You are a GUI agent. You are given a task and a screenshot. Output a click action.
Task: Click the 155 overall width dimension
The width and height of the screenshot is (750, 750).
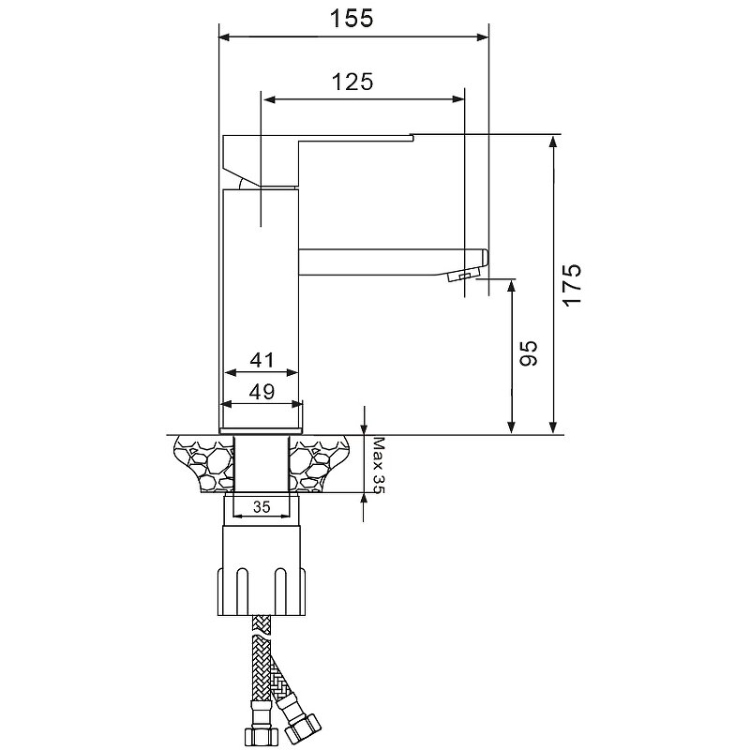click(352, 19)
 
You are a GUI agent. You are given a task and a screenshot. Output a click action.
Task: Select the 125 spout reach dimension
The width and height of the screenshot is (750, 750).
click(352, 82)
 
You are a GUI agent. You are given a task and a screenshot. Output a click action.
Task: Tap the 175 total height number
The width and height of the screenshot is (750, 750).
click(572, 285)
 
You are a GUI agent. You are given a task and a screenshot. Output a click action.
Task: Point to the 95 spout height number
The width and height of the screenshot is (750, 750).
click(529, 353)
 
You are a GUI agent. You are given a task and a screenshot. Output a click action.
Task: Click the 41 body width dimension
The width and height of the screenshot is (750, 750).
click(262, 360)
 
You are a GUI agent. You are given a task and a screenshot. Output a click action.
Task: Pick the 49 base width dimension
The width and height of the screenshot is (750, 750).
click(262, 392)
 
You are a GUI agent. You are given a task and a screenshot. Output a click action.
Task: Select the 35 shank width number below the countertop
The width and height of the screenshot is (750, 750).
click(262, 507)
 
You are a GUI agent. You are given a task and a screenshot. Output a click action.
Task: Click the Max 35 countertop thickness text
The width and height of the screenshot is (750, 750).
click(379, 465)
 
